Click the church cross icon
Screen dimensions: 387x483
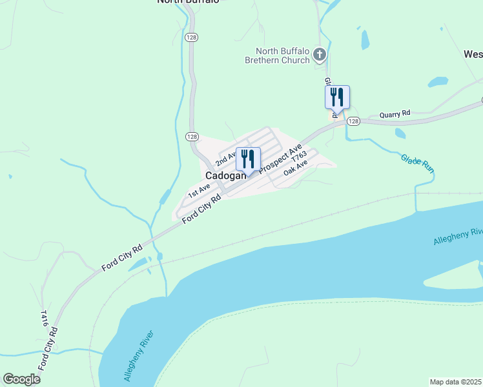coord(319,55)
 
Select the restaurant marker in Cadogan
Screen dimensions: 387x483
coord(248,159)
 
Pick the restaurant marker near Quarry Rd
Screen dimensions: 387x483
coord(336,97)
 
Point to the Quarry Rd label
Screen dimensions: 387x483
coord(395,114)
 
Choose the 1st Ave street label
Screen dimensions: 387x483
coord(199,190)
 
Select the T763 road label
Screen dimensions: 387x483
coord(298,157)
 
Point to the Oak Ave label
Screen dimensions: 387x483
coord(296,170)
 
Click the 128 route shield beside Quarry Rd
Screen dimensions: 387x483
coord(353,121)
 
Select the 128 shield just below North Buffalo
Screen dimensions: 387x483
coord(192,37)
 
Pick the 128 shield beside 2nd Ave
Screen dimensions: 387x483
coord(192,136)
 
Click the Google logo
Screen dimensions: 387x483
coord(21,379)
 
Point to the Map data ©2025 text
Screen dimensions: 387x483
coord(455,382)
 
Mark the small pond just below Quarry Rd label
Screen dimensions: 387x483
coord(400,134)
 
